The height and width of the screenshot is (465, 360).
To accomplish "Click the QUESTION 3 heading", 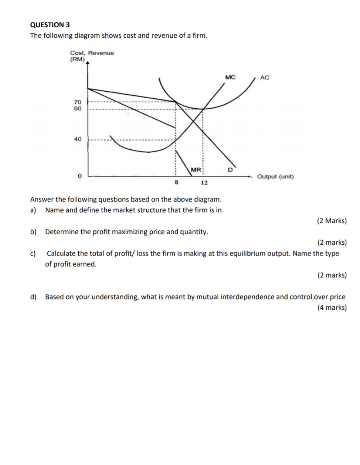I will tap(50, 25).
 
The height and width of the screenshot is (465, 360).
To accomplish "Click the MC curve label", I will tap(230, 77).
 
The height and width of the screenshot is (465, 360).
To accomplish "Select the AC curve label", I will tap(265, 77).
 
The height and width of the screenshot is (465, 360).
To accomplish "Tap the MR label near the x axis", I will tap(196, 170).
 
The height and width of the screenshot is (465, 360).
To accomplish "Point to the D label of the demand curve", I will tap(230, 170).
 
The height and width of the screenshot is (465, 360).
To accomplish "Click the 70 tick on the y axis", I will tap(78, 102).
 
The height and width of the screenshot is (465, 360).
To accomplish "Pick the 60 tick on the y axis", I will tap(78, 109).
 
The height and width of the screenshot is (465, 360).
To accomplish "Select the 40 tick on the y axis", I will tap(78, 139).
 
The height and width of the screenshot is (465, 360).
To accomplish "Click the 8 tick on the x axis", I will tap(176, 182).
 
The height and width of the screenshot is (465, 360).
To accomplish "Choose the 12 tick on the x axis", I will tap(204, 183).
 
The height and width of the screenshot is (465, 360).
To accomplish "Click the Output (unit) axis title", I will tap(275, 176).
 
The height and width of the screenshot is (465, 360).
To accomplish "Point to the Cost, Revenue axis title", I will tap(92, 53).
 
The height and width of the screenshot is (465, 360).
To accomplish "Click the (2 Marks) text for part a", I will tap(332, 221).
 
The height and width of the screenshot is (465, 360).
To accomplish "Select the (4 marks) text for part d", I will tap(332, 308).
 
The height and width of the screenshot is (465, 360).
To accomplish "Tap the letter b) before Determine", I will tap(33, 232).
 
